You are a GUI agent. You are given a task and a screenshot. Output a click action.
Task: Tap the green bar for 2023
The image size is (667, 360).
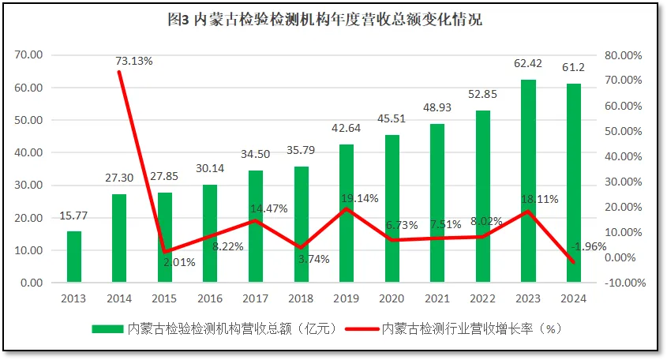(529, 181)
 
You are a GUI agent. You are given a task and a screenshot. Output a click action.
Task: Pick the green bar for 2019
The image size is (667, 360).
(347, 213)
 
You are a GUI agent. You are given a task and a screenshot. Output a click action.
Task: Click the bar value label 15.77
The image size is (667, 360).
(74, 216)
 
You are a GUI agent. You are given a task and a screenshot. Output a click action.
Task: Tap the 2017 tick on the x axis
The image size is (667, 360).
(256, 299)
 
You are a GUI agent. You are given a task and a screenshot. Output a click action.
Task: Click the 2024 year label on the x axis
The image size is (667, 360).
(574, 299)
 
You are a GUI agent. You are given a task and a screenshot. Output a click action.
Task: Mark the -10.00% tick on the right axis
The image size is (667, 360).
(624, 283)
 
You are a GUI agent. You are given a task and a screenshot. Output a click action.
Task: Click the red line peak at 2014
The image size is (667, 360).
(119, 72)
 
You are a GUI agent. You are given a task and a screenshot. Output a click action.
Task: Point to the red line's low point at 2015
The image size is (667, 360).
(165, 252)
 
